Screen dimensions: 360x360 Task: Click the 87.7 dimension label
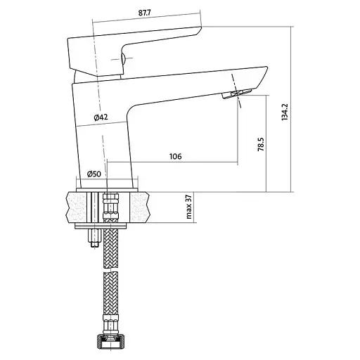(x=144, y=13)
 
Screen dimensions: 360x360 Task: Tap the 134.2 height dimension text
(x=285, y=112)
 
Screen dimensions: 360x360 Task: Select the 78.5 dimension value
(x=261, y=144)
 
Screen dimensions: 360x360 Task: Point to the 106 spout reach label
(x=176, y=156)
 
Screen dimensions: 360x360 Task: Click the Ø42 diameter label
(x=101, y=117)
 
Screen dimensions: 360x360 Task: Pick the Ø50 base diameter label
(x=94, y=174)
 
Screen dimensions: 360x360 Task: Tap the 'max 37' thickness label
(x=189, y=207)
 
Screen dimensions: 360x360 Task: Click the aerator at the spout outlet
(x=237, y=94)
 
